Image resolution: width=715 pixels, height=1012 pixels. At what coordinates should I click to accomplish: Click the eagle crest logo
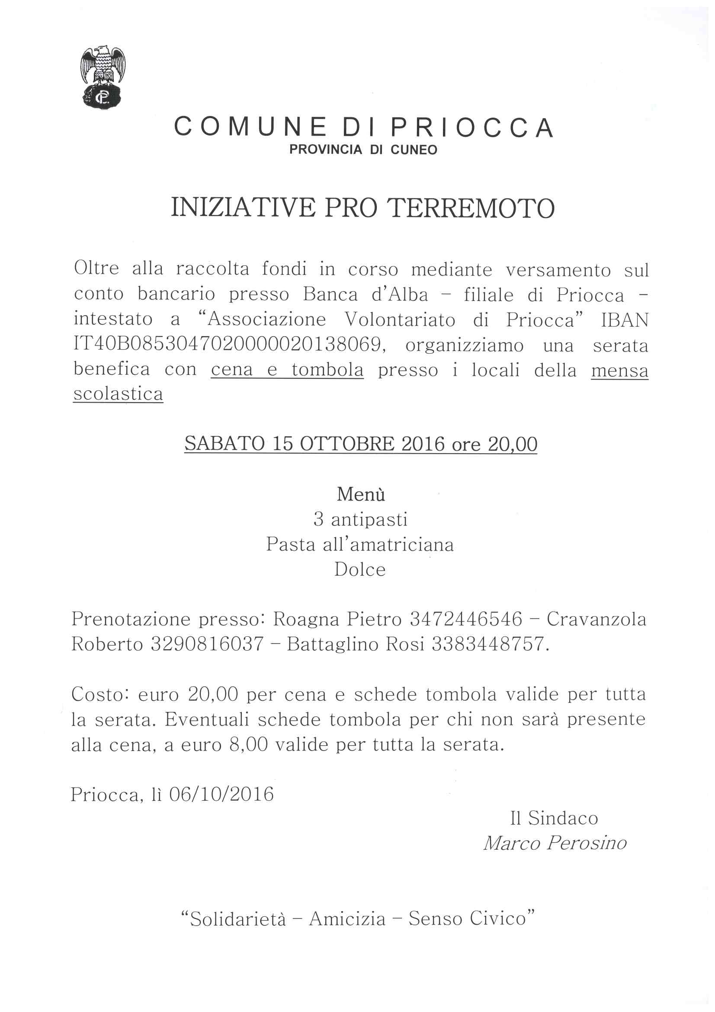tap(103, 77)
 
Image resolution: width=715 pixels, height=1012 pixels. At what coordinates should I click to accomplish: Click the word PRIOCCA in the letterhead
tap(472, 128)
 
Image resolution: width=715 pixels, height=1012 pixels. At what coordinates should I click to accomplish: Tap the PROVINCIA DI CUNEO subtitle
tap(363, 150)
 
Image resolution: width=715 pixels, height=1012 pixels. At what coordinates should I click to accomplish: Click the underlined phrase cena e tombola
tap(287, 369)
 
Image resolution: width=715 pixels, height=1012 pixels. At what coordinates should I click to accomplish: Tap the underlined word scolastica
tap(118, 393)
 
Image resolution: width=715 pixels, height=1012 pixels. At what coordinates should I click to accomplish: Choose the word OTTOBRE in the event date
tap(347, 444)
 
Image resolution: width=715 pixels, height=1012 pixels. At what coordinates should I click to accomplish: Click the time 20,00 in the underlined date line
tap(512, 444)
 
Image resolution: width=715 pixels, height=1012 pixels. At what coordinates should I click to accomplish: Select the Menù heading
tap(361, 494)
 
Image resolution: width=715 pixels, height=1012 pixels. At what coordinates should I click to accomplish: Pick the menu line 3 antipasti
tap(360, 519)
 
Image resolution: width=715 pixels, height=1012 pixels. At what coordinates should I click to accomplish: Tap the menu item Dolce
tap(360, 570)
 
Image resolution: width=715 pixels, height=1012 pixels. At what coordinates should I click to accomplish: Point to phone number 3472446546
tap(466, 619)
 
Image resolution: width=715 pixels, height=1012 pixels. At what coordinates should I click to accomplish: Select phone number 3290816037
tap(207, 645)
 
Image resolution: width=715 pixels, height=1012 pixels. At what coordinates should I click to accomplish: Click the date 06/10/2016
tap(221, 794)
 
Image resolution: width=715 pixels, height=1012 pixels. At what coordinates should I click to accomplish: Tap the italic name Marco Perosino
tap(555, 843)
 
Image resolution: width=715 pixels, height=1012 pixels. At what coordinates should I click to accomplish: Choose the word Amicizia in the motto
tap(347, 919)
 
